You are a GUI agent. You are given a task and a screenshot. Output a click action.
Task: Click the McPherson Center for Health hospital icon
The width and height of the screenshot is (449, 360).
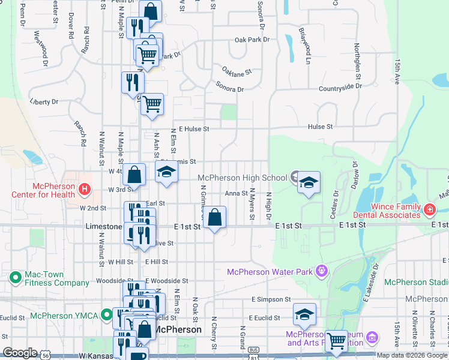[x=84, y=190]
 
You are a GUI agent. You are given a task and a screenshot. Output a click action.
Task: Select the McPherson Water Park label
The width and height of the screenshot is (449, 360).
[x=270, y=272]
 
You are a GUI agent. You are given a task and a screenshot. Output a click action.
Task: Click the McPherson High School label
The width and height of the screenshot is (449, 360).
[x=242, y=178]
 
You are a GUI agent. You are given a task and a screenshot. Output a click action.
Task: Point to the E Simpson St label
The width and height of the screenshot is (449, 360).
[x=271, y=299]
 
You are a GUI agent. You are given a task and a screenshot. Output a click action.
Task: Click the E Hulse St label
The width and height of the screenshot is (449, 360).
[x=193, y=128]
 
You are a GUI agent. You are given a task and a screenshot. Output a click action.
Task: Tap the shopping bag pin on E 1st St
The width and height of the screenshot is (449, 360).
[x=215, y=217]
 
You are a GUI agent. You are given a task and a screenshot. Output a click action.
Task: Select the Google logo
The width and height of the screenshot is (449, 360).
[x=20, y=353]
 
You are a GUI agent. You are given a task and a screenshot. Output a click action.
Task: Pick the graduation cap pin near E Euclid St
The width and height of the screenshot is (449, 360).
[x=304, y=314]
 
